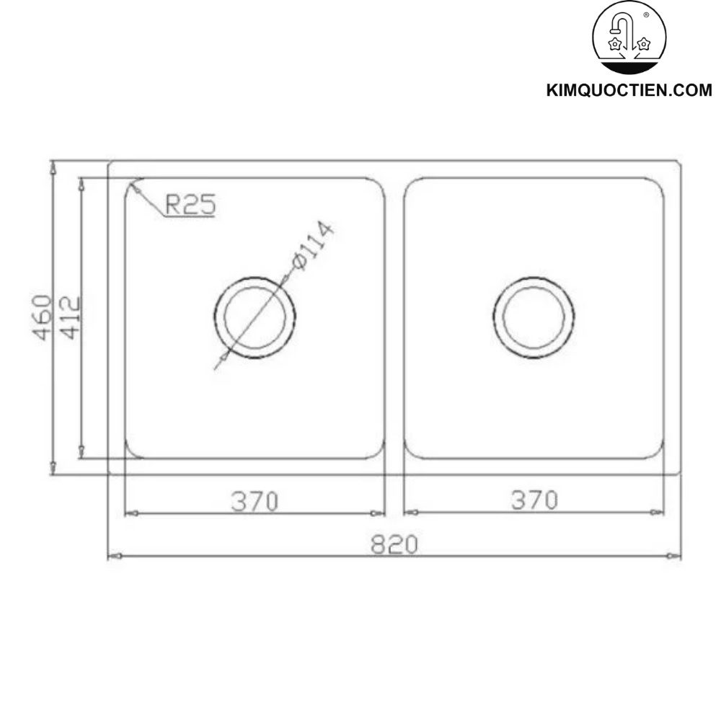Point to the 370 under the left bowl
point(255,500)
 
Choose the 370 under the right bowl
point(534,500)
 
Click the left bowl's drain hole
point(255,316)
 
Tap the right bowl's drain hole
point(534,316)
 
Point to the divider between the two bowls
point(394,317)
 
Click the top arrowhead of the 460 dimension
point(52,167)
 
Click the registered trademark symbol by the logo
point(645,14)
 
